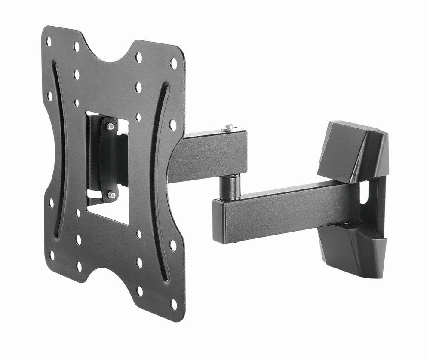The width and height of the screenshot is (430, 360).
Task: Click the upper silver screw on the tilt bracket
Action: [x=111, y=125]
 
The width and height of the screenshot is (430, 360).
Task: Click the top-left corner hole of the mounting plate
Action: [x=49, y=42]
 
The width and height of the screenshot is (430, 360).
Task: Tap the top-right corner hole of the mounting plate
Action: [x=173, y=63]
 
